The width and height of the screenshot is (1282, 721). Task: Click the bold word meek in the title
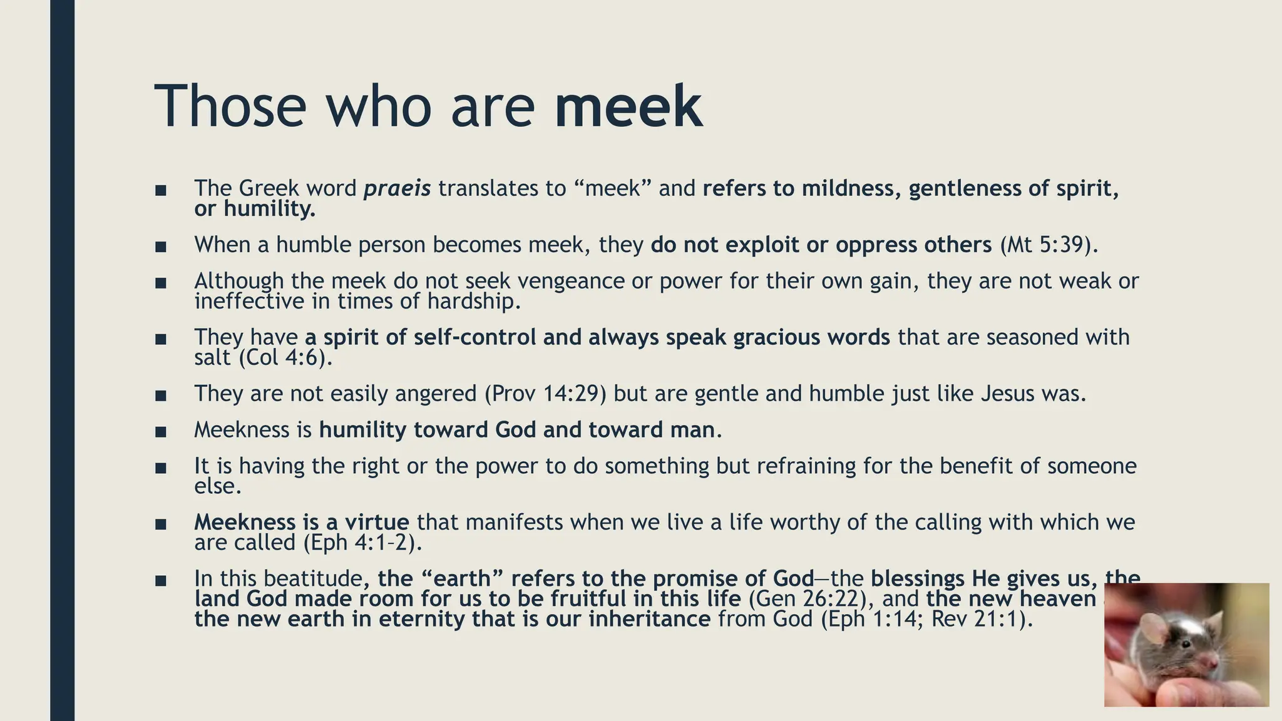coord(628,106)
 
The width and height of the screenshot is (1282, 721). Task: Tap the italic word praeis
coord(397,188)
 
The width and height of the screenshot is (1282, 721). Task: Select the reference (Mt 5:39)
coord(1049,244)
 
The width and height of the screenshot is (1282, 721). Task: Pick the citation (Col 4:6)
coord(285,357)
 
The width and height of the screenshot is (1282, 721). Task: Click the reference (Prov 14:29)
coord(545,393)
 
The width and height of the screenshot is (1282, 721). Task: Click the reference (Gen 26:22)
coord(811,598)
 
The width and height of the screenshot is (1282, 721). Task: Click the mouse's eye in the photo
coord(1184,643)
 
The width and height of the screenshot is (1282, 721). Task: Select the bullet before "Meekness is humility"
coord(161,431)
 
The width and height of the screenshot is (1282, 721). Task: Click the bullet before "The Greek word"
coord(161,190)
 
